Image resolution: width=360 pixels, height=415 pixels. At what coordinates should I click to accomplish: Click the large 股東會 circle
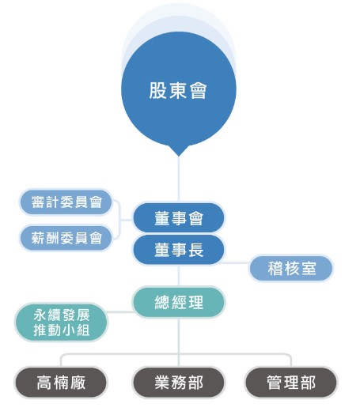(179, 90)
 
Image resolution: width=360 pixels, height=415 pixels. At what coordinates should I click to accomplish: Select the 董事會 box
(179, 218)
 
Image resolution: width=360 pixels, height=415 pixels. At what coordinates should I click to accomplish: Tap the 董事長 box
(179, 250)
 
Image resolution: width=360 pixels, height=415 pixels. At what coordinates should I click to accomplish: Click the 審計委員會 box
(66, 202)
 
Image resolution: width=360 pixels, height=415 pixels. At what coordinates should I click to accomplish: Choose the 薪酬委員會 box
(66, 238)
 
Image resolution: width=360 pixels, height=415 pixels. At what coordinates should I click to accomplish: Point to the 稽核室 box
(291, 268)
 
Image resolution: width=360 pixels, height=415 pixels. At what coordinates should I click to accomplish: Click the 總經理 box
(179, 302)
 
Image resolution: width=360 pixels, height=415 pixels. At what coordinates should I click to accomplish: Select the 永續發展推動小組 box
(61, 322)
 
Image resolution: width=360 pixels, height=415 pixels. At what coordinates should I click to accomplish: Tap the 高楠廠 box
(61, 383)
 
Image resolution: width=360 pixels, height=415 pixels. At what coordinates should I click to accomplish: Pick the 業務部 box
(179, 383)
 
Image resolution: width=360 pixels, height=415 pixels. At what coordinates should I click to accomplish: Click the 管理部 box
(291, 383)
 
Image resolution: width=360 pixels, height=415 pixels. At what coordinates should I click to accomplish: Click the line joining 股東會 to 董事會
(179, 179)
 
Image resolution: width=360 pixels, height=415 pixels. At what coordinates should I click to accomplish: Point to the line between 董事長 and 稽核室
(234, 262)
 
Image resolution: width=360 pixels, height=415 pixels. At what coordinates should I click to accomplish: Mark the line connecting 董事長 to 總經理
(179, 276)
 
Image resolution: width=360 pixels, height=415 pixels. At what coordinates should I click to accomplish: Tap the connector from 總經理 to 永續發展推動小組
(119, 311)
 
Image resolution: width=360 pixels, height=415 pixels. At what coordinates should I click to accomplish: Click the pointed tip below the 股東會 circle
(179, 157)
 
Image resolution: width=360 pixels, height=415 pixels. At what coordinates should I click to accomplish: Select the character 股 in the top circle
(157, 91)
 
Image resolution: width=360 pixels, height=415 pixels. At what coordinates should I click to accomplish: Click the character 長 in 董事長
(196, 250)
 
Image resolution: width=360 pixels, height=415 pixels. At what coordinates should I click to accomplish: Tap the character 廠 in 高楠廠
(78, 383)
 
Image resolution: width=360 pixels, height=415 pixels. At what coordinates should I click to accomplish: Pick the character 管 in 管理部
(275, 383)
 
